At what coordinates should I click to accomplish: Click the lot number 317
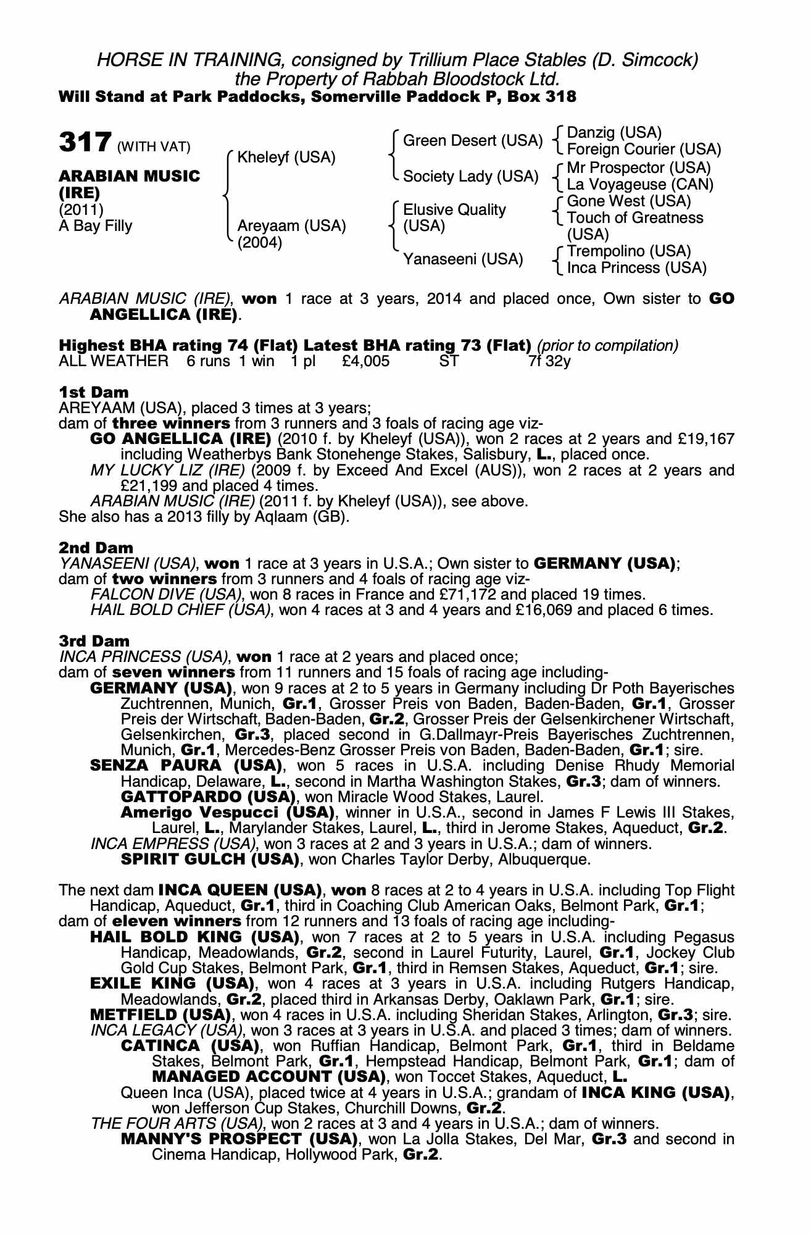click(x=85, y=143)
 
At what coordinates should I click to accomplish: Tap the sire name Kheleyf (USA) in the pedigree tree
click(x=286, y=157)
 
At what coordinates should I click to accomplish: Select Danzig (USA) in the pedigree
click(x=614, y=133)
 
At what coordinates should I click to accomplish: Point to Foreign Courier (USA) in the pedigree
click(x=644, y=149)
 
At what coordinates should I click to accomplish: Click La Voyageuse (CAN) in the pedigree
click(x=640, y=184)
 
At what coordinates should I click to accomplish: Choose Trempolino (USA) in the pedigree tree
click(x=629, y=251)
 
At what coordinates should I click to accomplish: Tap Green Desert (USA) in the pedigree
click(x=472, y=141)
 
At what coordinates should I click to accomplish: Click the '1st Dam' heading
click(x=94, y=392)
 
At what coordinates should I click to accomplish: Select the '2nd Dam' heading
click(x=96, y=548)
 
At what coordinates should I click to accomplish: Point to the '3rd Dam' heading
click(x=94, y=641)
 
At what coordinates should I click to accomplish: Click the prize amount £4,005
click(x=365, y=361)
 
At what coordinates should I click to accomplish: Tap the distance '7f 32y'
click(x=549, y=361)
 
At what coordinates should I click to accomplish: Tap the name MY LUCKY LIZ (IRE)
click(x=168, y=471)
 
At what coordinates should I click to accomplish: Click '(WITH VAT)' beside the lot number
click(x=154, y=147)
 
